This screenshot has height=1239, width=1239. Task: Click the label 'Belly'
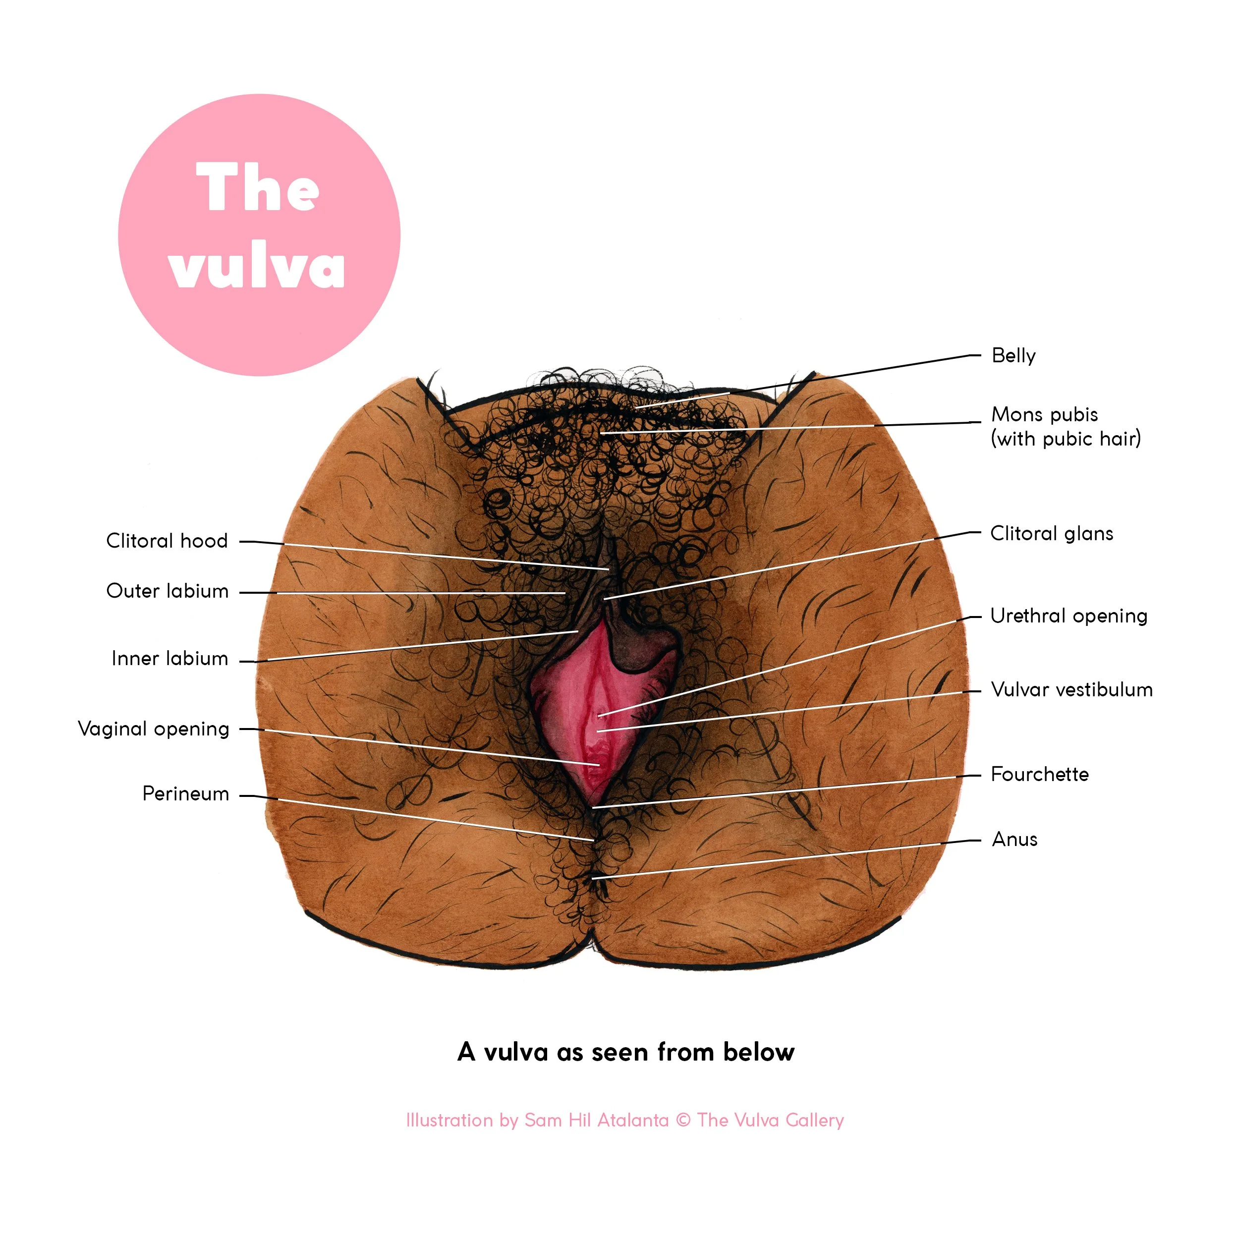[1014, 355]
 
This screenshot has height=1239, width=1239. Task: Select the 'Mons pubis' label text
[1044, 414]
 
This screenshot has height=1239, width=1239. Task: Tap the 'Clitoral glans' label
[1051, 534]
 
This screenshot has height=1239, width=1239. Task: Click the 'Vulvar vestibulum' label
[1071, 689]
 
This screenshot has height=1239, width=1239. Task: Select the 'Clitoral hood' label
[167, 541]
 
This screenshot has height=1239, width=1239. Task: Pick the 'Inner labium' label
[169, 658]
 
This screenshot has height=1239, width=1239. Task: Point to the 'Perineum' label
[185, 793]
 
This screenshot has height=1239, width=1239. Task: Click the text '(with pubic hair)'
[1065, 439]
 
